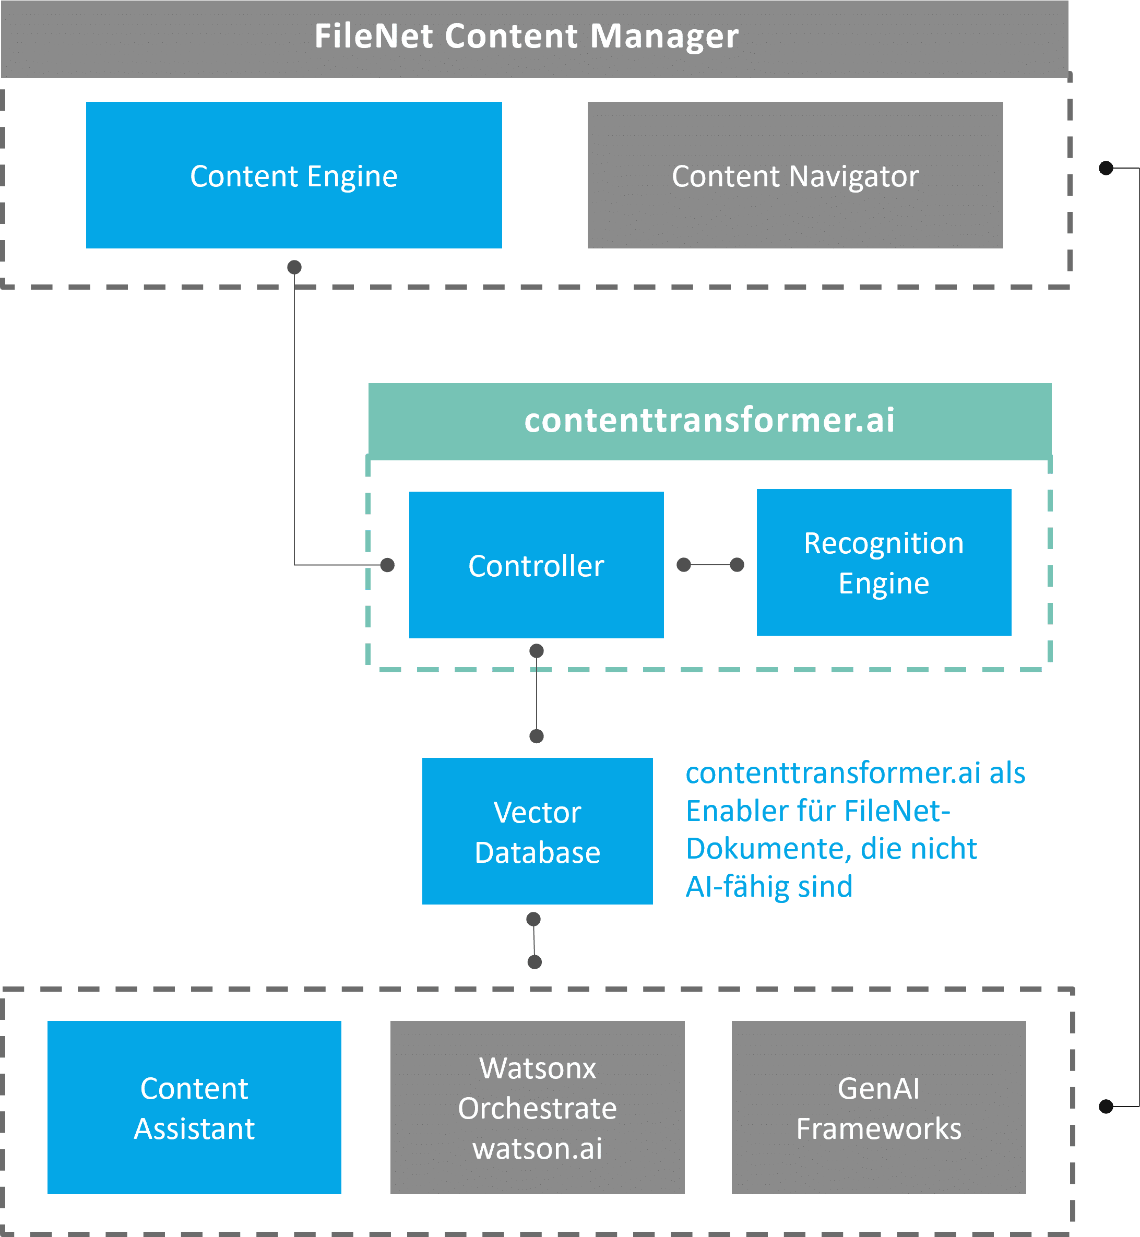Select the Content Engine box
pyautogui.click(x=294, y=175)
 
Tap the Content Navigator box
pyautogui.click(x=795, y=175)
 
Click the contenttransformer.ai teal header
pyautogui.click(x=709, y=420)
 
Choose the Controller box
pyautogui.click(x=536, y=565)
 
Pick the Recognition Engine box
pyautogui.click(x=883, y=563)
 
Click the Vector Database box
pyautogui.click(x=537, y=831)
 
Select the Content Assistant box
pyautogui.click(x=194, y=1108)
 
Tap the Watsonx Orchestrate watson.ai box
pyautogui.click(x=537, y=1108)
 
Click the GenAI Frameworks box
pyautogui.click(x=878, y=1108)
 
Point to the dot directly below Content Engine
pyautogui.click(x=294, y=267)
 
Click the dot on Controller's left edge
pyautogui.click(x=387, y=565)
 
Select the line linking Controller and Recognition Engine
pyautogui.click(x=710, y=565)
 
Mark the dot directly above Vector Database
pyautogui.click(x=537, y=736)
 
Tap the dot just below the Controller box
pyautogui.click(x=537, y=651)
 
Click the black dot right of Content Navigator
pyautogui.click(x=1106, y=168)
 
